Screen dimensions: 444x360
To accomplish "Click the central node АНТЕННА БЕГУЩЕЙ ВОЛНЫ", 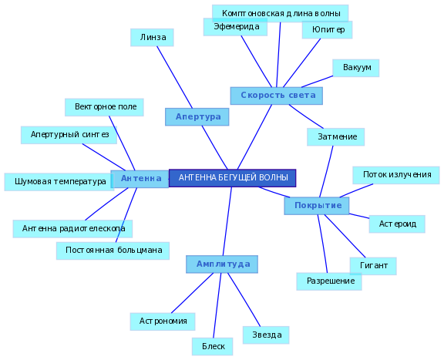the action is click(233, 178).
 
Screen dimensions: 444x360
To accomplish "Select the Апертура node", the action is click(197, 116).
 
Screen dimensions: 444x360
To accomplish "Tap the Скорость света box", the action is click(277, 96).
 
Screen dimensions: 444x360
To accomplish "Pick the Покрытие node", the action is click(317, 206).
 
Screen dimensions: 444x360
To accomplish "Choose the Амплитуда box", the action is click(222, 264).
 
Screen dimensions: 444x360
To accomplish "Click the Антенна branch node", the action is click(140, 179).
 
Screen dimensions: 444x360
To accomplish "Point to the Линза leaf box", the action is click(152, 38).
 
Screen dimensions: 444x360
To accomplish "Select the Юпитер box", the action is click(327, 30).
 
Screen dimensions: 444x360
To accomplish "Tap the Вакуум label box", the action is click(356, 68).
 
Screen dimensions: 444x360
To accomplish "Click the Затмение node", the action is click(336, 137).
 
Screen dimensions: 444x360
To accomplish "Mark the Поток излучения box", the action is click(396, 175).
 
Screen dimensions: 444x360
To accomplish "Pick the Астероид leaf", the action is click(397, 224).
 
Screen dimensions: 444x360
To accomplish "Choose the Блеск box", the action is click(213, 346).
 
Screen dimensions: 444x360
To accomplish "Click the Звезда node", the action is click(266, 335).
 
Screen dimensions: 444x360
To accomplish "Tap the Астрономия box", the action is click(163, 321).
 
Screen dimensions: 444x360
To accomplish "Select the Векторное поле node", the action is click(104, 107).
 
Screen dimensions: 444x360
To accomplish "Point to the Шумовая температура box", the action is click(59, 182).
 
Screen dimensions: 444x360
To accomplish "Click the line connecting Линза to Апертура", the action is click(175, 77).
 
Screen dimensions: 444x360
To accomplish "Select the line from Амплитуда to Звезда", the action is click(244, 300).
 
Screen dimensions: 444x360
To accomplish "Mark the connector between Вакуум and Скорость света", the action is click(317, 82).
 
